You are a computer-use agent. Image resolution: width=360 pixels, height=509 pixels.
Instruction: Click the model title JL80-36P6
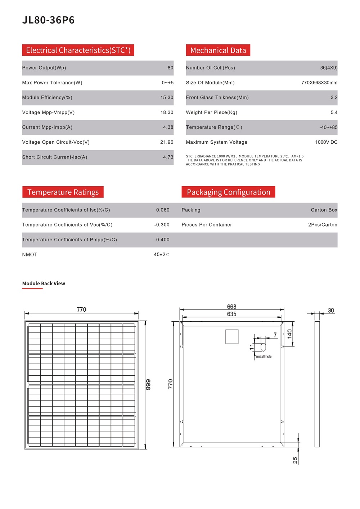tap(48, 20)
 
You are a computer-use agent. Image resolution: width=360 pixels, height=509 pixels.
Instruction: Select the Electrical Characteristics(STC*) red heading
tap(78, 50)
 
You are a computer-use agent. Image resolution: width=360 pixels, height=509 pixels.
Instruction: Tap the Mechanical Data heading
tap(218, 50)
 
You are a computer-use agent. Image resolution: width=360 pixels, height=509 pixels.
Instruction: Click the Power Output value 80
tap(170, 68)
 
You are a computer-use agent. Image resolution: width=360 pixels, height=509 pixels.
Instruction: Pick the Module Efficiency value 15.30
tap(167, 98)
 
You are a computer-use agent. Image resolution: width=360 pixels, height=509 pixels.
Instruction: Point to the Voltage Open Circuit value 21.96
tap(167, 142)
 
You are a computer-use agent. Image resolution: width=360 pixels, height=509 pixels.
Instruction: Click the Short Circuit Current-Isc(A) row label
tap(55, 157)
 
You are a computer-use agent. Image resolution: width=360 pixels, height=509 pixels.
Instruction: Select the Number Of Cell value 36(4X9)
tap(329, 68)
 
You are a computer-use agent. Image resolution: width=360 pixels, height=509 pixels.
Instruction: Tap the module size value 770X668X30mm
tap(319, 83)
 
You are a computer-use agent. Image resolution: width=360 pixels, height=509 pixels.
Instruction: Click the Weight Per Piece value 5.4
tap(334, 112)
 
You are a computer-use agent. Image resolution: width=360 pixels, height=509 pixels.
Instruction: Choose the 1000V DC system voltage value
tap(326, 142)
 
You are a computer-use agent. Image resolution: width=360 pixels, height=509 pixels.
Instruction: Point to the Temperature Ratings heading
tap(63, 192)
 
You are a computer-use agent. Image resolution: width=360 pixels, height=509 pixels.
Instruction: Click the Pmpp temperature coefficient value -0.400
tap(162, 240)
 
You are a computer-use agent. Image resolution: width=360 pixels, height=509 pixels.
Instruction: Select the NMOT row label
tap(30, 255)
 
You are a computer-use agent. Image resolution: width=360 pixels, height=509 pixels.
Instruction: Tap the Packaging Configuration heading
tap(228, 192)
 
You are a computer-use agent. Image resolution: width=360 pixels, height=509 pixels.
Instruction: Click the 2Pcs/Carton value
tap(323, 225)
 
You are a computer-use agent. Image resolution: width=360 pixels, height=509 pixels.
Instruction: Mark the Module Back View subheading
tap(44, 283)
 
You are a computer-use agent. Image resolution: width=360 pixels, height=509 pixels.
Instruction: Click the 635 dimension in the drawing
tap(231, 314)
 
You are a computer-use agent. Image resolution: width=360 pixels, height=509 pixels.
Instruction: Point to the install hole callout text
tap(264, 356)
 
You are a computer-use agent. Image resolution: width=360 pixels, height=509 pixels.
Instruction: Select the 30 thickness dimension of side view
tap(331, 311)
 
